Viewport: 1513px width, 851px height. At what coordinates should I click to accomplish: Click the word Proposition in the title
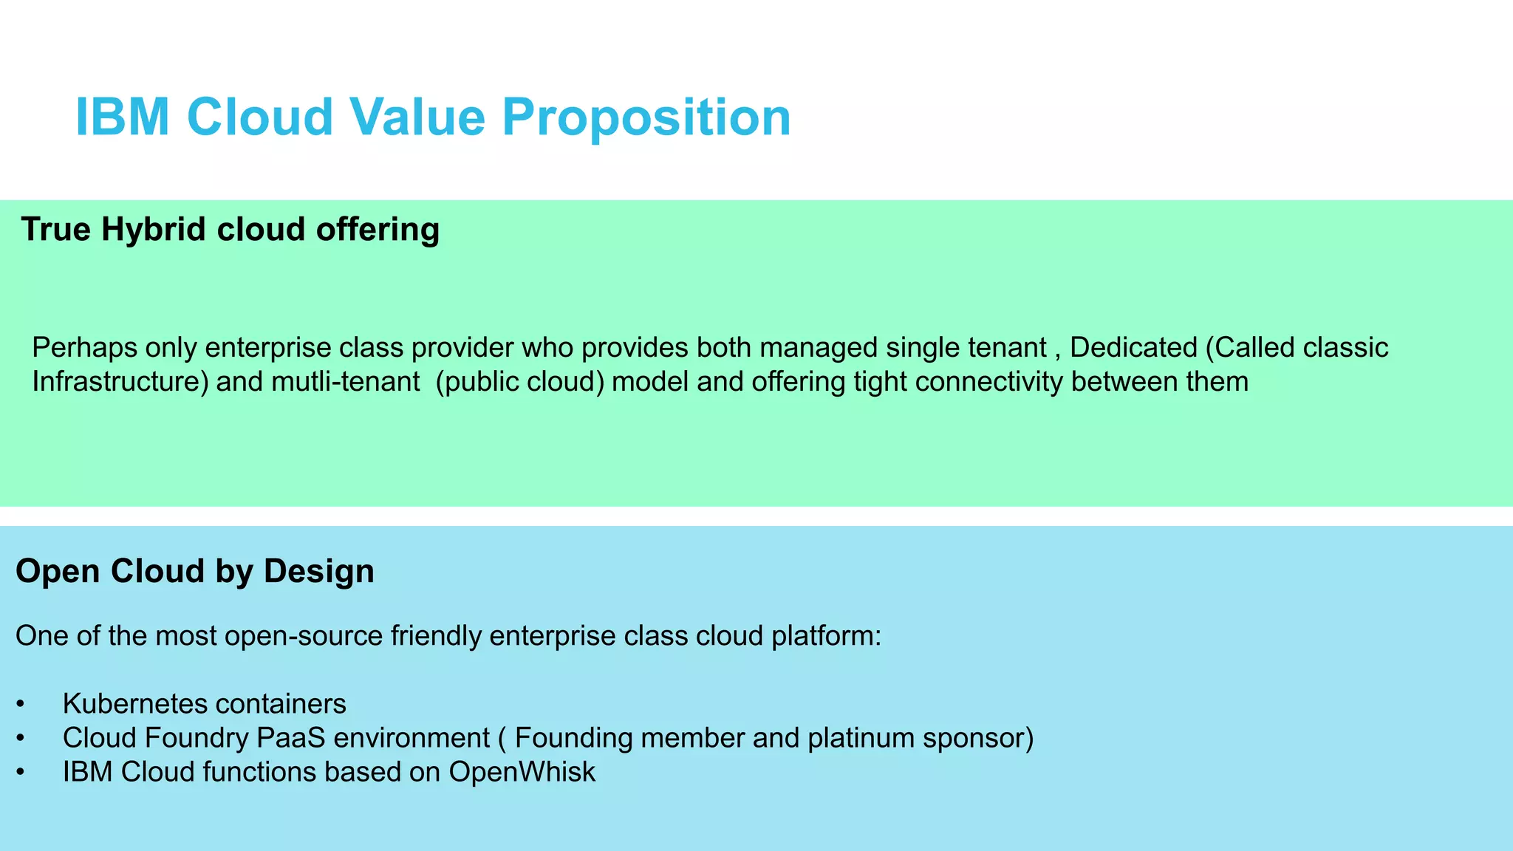[646, 118]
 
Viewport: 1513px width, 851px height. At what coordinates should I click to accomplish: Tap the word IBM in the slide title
[123, 118]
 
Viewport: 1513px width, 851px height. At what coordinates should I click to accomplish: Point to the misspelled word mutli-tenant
[345, 382]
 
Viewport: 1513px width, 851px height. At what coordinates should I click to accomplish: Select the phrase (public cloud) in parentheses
[520, 382]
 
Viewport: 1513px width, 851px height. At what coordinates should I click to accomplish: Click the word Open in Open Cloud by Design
[58, 572]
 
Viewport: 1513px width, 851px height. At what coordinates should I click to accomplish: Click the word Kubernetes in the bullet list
[134, 704]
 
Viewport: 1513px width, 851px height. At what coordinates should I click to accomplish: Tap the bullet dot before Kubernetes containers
[21, 705]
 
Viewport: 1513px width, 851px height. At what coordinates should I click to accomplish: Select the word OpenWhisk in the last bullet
[522, 772]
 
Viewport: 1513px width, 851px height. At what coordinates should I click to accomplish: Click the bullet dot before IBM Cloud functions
[21, 773]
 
